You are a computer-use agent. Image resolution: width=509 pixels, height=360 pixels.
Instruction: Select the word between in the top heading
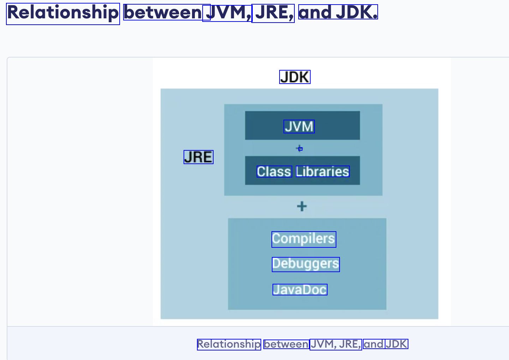(x=163, y=13)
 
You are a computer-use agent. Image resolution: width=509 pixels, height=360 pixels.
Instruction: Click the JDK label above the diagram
(x=295, y=77)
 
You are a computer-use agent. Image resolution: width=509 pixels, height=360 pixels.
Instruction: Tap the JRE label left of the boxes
(x=198, y=157)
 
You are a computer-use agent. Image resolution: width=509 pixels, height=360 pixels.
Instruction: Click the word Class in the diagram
(x=274, y=172)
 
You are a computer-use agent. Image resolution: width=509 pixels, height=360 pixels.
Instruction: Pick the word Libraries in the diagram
(x=323, y=172)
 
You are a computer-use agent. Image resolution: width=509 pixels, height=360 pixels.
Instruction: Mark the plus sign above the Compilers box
(x=302, y=206)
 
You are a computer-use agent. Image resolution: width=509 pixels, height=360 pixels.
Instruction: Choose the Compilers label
(x=304, y=239)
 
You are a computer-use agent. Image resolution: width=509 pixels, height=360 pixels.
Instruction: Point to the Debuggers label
(x=306, y=264)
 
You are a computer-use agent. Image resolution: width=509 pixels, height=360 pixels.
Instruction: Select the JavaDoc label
(x=300, y=290)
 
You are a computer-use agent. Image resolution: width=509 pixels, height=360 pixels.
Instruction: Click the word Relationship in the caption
(x=229, y=344)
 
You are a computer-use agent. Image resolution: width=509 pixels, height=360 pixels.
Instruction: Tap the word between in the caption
(x=286, y=344)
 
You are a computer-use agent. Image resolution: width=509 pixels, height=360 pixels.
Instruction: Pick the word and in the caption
(x=373, y=344)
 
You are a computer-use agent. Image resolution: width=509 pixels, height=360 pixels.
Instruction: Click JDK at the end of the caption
(x=396, y=344)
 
